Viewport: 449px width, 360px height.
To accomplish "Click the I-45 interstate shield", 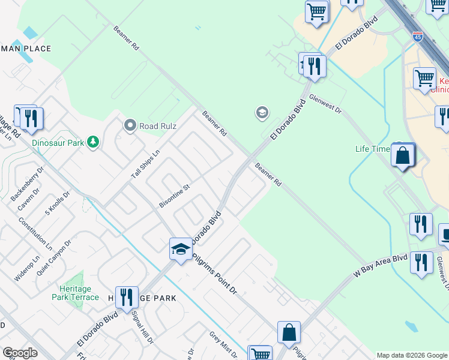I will [417, 37].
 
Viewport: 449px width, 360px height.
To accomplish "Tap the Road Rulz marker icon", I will [130, 125].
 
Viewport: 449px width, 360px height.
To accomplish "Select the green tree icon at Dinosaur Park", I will [92, 142].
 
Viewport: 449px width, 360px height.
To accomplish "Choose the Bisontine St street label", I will [174, 196].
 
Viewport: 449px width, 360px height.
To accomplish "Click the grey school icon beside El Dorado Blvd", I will [262, 112].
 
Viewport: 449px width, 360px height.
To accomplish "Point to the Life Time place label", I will [372, 148].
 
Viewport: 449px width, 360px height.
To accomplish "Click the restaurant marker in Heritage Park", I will [127, 297].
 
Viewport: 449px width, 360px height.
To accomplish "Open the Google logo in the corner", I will [20, 353].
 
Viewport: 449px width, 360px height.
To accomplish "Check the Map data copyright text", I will [412, 355].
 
